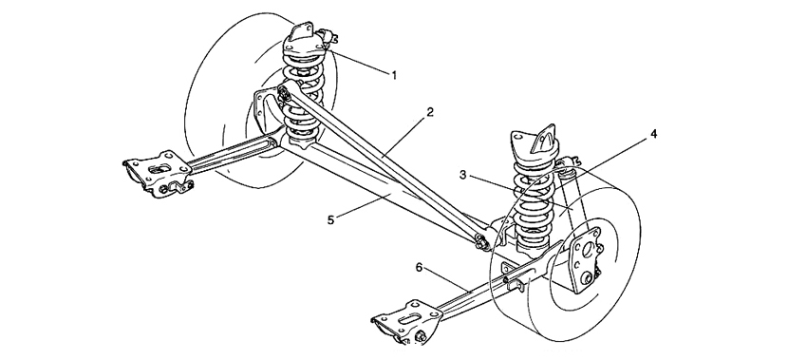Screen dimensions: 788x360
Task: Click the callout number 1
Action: pyautogui.click(x=394, y=75)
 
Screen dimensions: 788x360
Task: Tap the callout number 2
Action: pyautogui.click(x=430, y=112)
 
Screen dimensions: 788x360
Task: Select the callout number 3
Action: pyautogui.click(x=463, y=175)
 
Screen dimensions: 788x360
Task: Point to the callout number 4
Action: pyautogui.click(x=653, y=134)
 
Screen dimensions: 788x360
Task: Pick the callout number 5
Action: pyautogui.click(x=330, y=219)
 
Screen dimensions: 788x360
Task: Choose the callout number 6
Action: pyautogui.click(x=419, y=267)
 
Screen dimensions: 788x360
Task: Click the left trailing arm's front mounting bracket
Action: pyautogui.click(x=159, y=174)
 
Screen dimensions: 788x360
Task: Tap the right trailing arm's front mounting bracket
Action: pyautogui.click(x=407, y=322)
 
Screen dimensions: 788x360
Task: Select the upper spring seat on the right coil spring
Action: pyautogui.click(x=534, y=146)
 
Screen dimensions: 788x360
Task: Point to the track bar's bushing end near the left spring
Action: pyautogui.click(x=284, y=93)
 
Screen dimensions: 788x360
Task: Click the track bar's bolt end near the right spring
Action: pyautogui.click(x=482, y=241)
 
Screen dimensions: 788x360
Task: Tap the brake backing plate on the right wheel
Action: pyautogui.click(x=586, y=259)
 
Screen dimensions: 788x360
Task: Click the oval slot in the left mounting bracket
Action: pyautogui.click(x=159, y=168)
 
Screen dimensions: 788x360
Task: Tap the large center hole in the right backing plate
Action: pyautogui.click(x=587, y=251)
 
